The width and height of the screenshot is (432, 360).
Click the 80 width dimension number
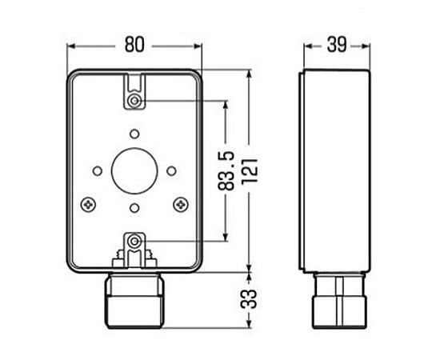(134, 45)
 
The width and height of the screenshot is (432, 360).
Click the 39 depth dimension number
(336, 45)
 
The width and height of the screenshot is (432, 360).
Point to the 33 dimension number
(250, 300)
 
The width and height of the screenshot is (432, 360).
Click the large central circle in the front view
(135, 170)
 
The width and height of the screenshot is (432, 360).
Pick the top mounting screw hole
(135, 101)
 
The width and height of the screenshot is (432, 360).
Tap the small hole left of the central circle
(98, 170)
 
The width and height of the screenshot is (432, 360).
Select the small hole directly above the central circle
(135, 133)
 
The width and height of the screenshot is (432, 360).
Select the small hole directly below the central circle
(135, 207)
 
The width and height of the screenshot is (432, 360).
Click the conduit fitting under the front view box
(135, 297)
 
